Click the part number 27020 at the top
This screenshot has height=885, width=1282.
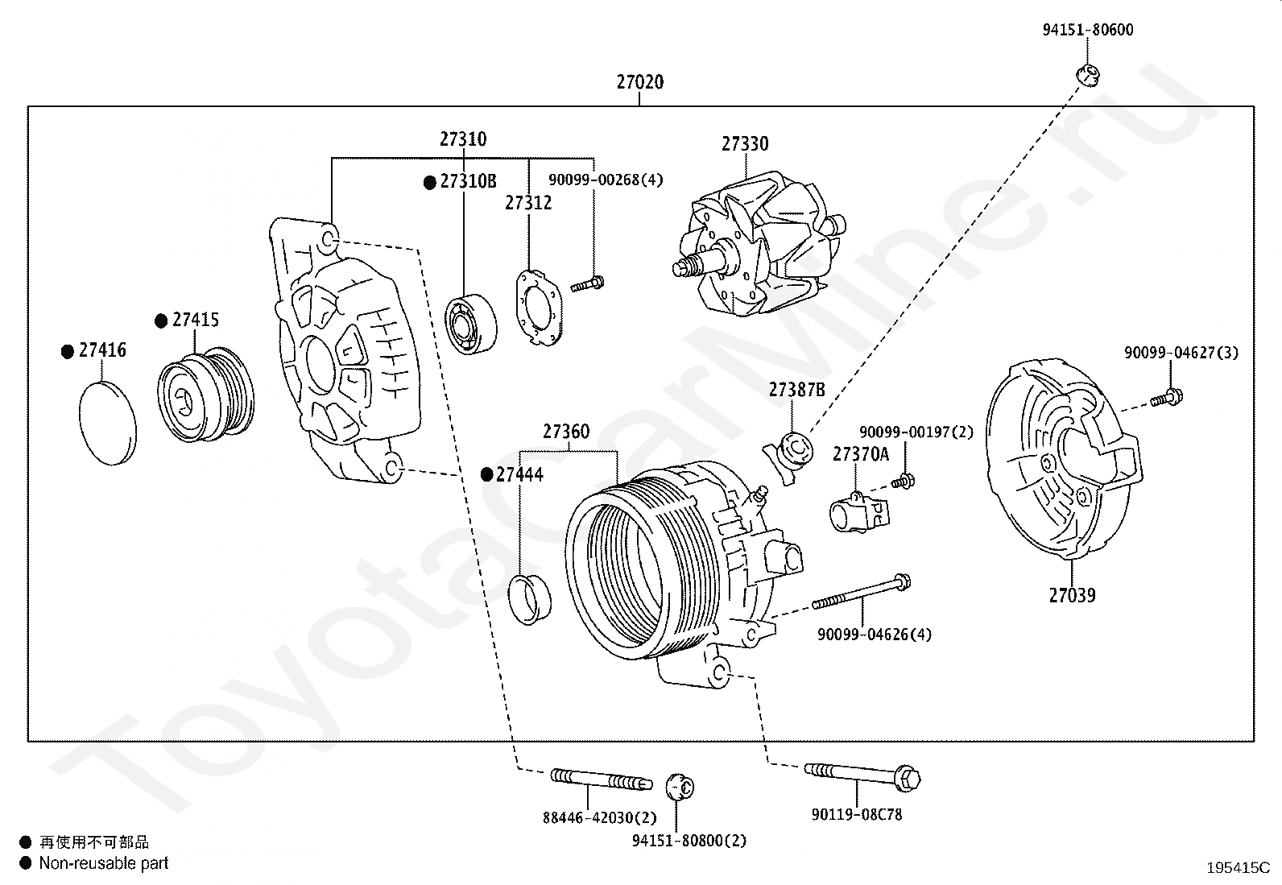[x=640, y=82]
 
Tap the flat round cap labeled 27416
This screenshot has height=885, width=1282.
[x=108, y=423]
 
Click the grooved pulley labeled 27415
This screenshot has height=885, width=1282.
[x=205, y=394]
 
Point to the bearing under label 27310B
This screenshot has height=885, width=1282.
[x=471, y=324]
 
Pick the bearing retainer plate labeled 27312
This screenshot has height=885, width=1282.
[x=539, y=308]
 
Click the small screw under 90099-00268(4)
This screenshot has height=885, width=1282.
[x=587, y=284]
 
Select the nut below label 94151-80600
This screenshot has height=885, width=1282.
[x=1087, y=75]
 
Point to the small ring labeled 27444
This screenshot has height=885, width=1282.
[x=530, y=599]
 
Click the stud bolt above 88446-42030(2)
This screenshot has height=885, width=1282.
[x=601, y=779]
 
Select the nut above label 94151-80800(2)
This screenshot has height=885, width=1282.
[x=680, y=787]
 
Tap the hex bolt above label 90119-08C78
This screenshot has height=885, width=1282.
[x=862, y=776]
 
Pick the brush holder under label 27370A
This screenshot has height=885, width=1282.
[x=858, y=512]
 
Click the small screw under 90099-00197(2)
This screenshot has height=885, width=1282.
[x=904, y=482]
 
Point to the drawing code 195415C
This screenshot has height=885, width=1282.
[x=1238, y=868]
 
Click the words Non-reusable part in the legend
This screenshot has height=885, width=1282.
[x=104, y=863]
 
